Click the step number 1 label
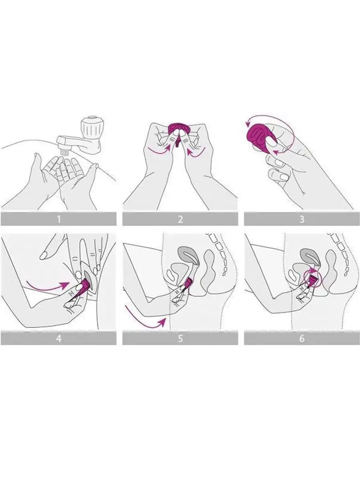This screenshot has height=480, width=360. point(58,219)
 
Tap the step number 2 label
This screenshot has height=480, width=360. point(180,219)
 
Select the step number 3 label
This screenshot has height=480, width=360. point(302,219)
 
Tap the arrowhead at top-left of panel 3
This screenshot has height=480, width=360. point(248,124)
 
